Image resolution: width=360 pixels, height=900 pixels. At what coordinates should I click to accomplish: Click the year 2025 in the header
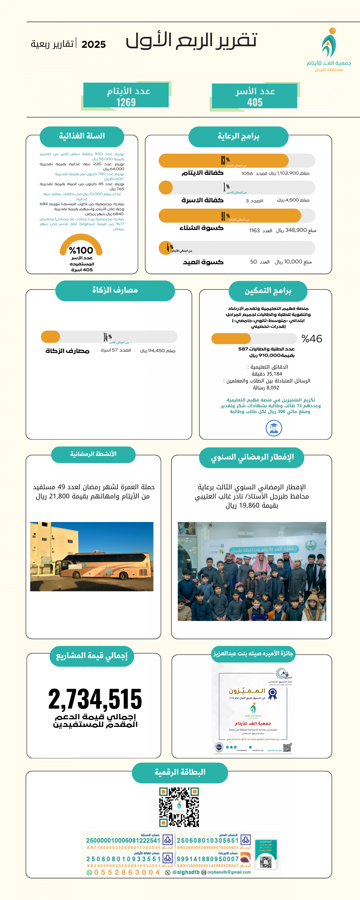[93, 45]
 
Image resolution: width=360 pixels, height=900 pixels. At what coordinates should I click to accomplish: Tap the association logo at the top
[329, 44]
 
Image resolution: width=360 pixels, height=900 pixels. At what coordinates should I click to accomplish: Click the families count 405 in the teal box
[254, 102]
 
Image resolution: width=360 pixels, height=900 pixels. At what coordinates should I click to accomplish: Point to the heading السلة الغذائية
[82, 136]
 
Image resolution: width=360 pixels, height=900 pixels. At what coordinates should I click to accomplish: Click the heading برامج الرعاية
[238, 136]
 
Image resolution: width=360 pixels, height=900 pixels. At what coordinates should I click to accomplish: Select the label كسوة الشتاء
[201, 228]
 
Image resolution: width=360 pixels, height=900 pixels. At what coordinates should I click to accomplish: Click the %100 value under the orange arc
[81, 250]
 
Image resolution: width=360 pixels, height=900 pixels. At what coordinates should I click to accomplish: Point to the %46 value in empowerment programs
[312, 338]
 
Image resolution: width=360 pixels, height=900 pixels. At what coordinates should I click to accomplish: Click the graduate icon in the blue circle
[274, 428]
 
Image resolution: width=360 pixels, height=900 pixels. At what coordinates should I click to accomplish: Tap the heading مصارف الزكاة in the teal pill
[115, 290]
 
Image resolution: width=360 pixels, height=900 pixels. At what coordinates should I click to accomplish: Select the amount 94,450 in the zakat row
[157, 351]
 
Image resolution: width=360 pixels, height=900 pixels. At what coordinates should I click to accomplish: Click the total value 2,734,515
[95, 699]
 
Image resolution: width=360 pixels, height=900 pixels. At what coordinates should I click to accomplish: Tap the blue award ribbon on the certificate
[273, 694]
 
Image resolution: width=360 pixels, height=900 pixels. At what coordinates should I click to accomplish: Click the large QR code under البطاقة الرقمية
[179, 807]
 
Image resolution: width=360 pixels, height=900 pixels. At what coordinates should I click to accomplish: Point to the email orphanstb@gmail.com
[229, 872]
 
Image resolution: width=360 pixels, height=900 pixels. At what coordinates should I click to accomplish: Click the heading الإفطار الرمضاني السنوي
[252, 457]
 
